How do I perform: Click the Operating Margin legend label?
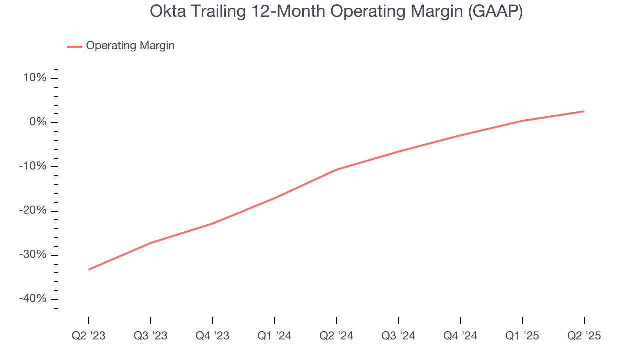tap(130, 46)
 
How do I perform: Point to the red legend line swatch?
tap(74, 46)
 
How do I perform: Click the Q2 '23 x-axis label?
tap(89, 336)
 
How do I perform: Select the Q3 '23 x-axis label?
tap(151, 336)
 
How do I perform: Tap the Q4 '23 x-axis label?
tap(213, 336)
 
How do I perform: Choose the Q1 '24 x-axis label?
tap(274, 336)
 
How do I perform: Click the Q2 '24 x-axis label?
tap(336, 336)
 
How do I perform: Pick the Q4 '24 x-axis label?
tap(460, 336)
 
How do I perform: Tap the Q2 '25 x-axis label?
tap(584, 336)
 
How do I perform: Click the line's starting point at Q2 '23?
tap(89, 269)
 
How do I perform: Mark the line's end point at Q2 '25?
tap(584, 111)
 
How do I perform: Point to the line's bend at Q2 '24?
tap(336, 169)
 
